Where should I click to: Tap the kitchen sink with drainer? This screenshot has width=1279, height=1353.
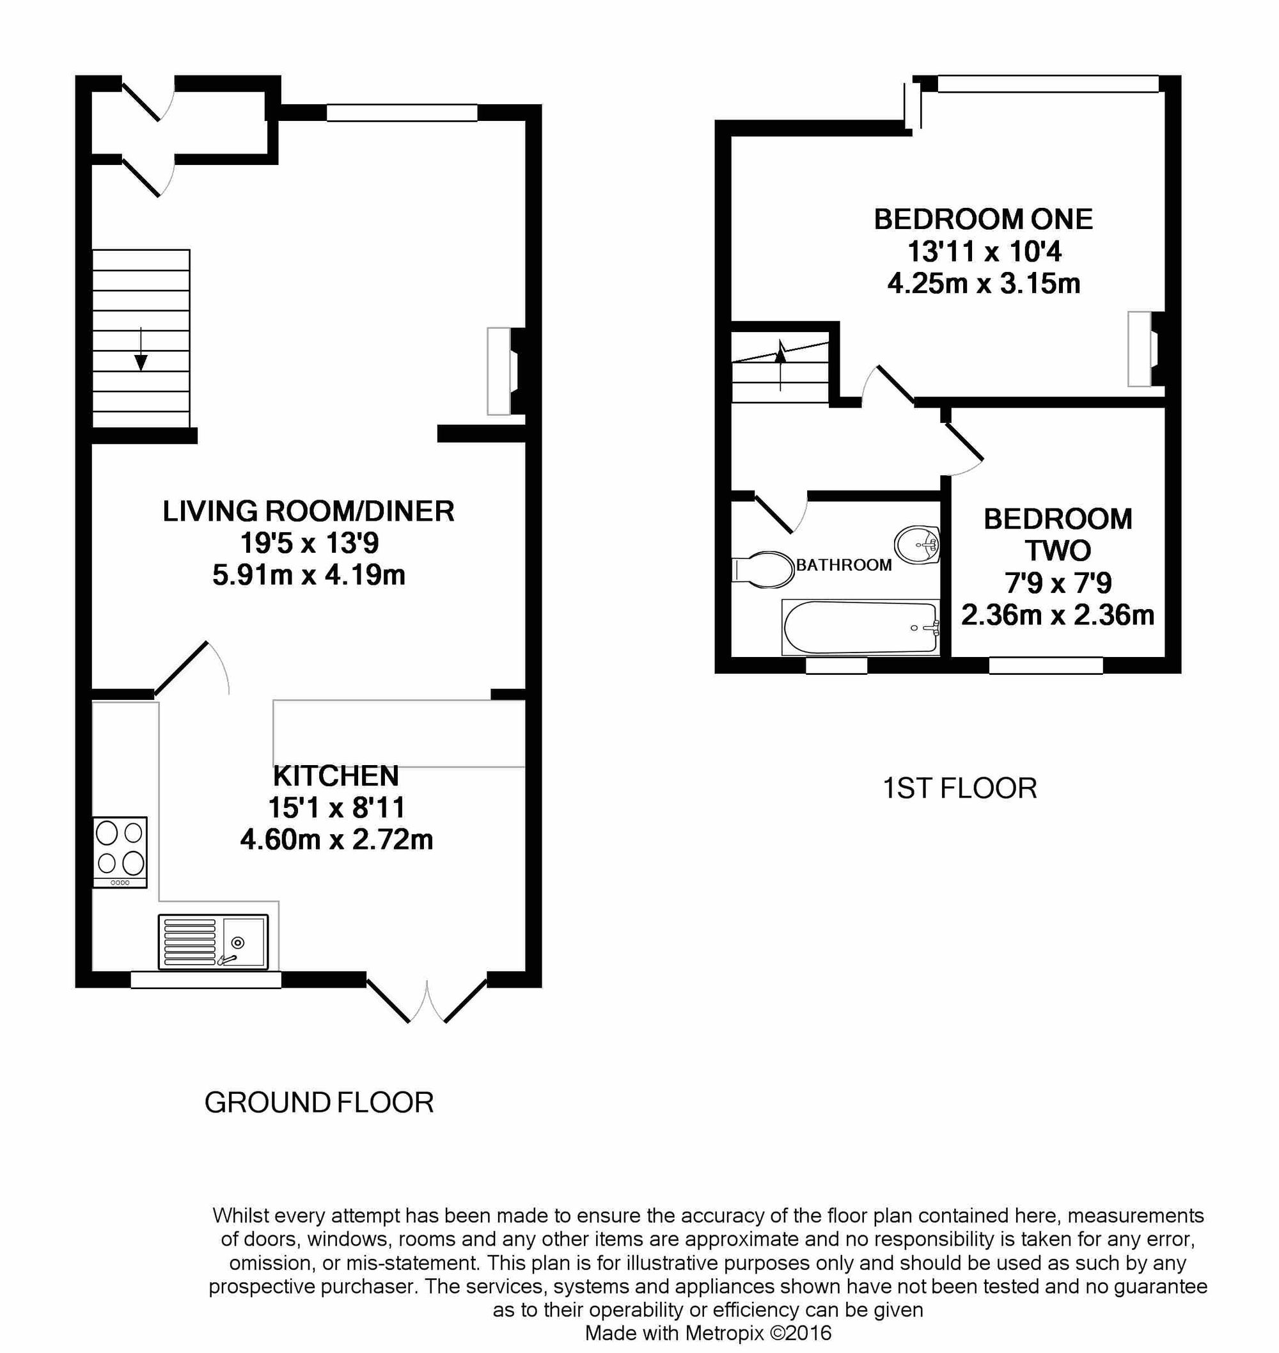tap(213, 941)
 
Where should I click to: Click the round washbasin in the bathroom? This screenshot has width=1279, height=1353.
tap(917, 545)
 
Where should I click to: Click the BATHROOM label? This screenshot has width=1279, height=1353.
tap(844, 565)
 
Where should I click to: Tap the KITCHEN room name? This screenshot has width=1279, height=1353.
tap(336, 776)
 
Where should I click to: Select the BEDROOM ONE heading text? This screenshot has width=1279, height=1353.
tap(983, 219)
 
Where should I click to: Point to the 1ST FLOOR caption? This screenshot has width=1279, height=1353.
tap(959, 788)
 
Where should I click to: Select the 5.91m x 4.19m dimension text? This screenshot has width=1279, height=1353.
tap(309, 575)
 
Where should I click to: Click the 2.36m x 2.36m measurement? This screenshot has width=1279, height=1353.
tap(1058, 615)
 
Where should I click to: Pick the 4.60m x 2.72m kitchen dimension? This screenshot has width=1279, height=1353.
tap(336, 839)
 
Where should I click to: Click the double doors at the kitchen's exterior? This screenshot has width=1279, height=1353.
tap(427, 999)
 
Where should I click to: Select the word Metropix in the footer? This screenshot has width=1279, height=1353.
tap(725, 1333)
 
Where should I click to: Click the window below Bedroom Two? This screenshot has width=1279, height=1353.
tap(1045, 665)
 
